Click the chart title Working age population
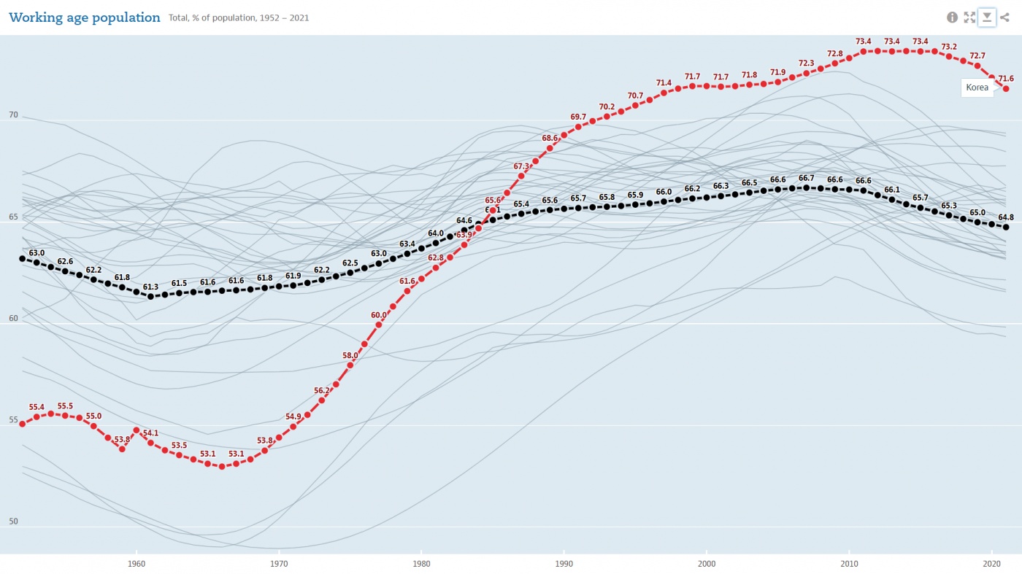85,18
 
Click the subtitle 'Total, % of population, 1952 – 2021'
239,18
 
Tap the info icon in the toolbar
952,18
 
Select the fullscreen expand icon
969,18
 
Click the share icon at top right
1005,18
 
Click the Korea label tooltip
977,88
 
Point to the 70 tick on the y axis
12,115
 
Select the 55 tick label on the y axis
12,420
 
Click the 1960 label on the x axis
136,564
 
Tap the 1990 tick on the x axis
564,564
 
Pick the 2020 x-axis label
991,564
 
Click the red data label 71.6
1006,79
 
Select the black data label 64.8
1006,217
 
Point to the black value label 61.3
150,287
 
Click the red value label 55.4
36,407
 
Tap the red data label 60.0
379,315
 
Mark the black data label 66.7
807,178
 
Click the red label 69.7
578,117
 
